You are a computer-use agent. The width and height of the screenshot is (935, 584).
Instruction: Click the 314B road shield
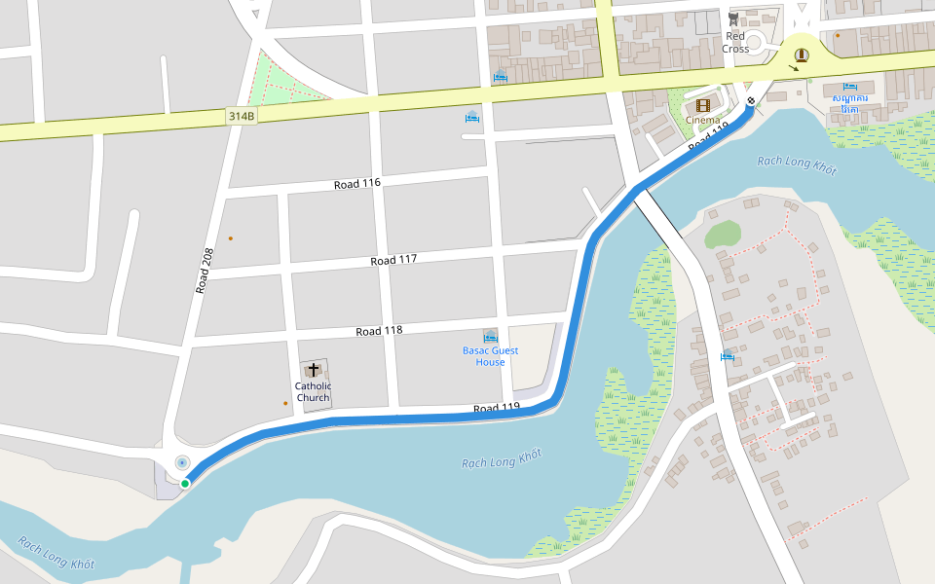pos(242,116)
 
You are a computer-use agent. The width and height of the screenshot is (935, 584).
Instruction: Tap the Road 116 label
pos(356,184)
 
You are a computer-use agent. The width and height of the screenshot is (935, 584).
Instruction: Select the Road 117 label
pos(393,260)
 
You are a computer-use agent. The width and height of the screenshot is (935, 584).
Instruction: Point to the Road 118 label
pos(379,331)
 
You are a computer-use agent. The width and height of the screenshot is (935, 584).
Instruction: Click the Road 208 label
pos(204,270)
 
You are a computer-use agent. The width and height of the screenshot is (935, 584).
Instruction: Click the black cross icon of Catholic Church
pos(314,369)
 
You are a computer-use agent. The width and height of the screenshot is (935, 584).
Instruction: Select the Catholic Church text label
pos(314,391)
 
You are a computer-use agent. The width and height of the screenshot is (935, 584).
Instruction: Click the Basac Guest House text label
pos(491,356)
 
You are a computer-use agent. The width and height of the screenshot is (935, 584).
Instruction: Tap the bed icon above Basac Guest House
pos(491,336)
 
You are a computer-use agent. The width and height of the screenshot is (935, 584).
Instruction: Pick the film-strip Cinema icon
pos(702,104)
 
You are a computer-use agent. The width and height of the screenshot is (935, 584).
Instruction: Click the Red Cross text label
pos(735,42)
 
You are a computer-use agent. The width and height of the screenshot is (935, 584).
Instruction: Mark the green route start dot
pos(185,483)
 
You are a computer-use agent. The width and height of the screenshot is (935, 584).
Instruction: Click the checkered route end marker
pos(751,101)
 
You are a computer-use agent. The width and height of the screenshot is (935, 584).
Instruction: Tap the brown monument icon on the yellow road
pos(801,55)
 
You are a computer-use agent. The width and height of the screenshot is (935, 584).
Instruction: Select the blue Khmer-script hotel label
pos(850,103)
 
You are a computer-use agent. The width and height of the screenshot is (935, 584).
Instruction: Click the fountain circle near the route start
pos(182,462)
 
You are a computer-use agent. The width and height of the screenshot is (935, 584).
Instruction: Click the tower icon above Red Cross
pos(733,18)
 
